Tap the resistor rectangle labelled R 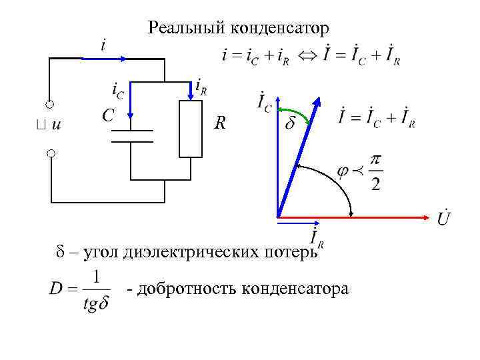[191, 128]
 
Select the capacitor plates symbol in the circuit [131, 136]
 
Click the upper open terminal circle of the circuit [50, 105]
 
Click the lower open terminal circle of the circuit [50, 153]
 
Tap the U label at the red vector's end [443, 218]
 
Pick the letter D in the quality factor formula [57, 291]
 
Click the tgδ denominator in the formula [97, 303]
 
